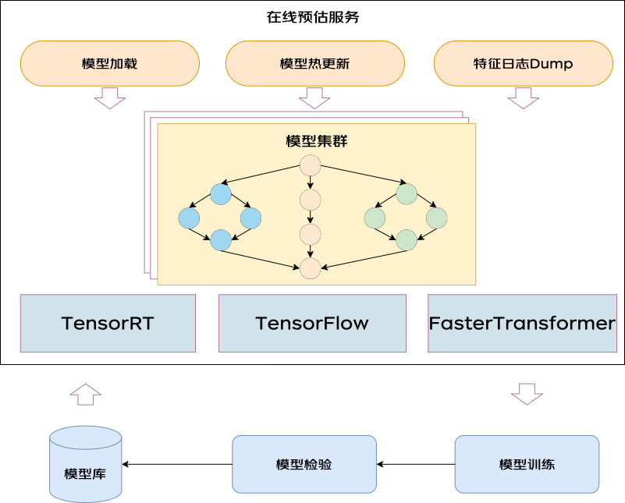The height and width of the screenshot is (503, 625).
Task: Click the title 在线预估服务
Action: pyautogui.click(x=313, y=17)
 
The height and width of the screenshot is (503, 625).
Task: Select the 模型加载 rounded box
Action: pyautogui.click(x=109, y=63)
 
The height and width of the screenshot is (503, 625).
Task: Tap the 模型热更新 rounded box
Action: pyautogui.click(x=315, y=63)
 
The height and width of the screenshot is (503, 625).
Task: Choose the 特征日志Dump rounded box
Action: pyautogui.click(x=523, y=63)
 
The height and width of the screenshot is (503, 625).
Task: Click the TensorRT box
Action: pyautogui.click(x=108, y=323)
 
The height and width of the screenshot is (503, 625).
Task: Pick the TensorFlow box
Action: pyautogui.click(x=312, y=323)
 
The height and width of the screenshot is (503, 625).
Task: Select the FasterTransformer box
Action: pyautogui.click(x=522, y=323)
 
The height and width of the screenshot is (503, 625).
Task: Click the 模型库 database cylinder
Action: pyautogui.click(x=85, y=464)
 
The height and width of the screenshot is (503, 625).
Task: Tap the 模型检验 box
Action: pyautogui.click(x=304, y=464)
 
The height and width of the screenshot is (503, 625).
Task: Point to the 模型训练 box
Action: pyautogui.click(x=527, y=464)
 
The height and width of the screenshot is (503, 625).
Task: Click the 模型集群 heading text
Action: pyautogui.click(x=317, y=141)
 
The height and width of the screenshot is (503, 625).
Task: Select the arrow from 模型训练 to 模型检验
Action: pyautogui.click(x=416, y=464)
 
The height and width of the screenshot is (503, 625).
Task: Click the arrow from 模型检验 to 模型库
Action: pyautogui.click(x=177, y=464)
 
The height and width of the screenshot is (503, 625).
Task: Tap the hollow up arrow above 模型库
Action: pyautogui.click(x=85, y=395)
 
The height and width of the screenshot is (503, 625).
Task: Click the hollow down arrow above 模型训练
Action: pyautogui.click(x=527, y=395)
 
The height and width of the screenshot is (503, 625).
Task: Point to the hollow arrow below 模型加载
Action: pyautogui.click(x=109, y=98)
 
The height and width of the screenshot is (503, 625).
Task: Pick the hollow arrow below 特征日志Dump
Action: pyautogui.click(x=523, y=98)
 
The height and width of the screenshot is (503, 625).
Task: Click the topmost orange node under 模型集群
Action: pyautogui.click(x=310, y=165)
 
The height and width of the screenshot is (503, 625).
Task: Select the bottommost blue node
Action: pyautogui.click(x=220, y=239)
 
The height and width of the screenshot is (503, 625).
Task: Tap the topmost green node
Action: pyautogui.click(x=407, y=194)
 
